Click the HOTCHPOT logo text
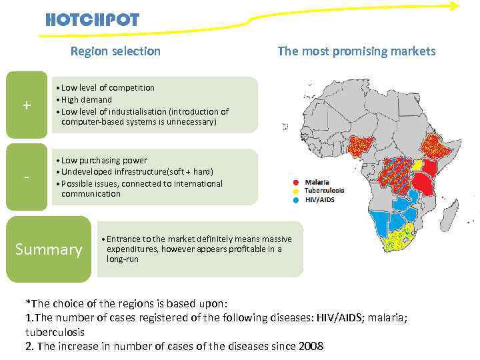(93, 19)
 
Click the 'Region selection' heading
(115, 51)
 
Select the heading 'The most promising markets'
(356, 51)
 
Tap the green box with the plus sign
(27, 105)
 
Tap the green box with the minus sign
(27, 177)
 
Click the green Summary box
(48, 249)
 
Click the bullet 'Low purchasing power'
(105, 160)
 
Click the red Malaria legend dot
(296, 182)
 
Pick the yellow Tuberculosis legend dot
(296, 191)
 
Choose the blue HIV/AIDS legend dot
(296, 199)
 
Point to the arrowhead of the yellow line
(455, 7)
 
